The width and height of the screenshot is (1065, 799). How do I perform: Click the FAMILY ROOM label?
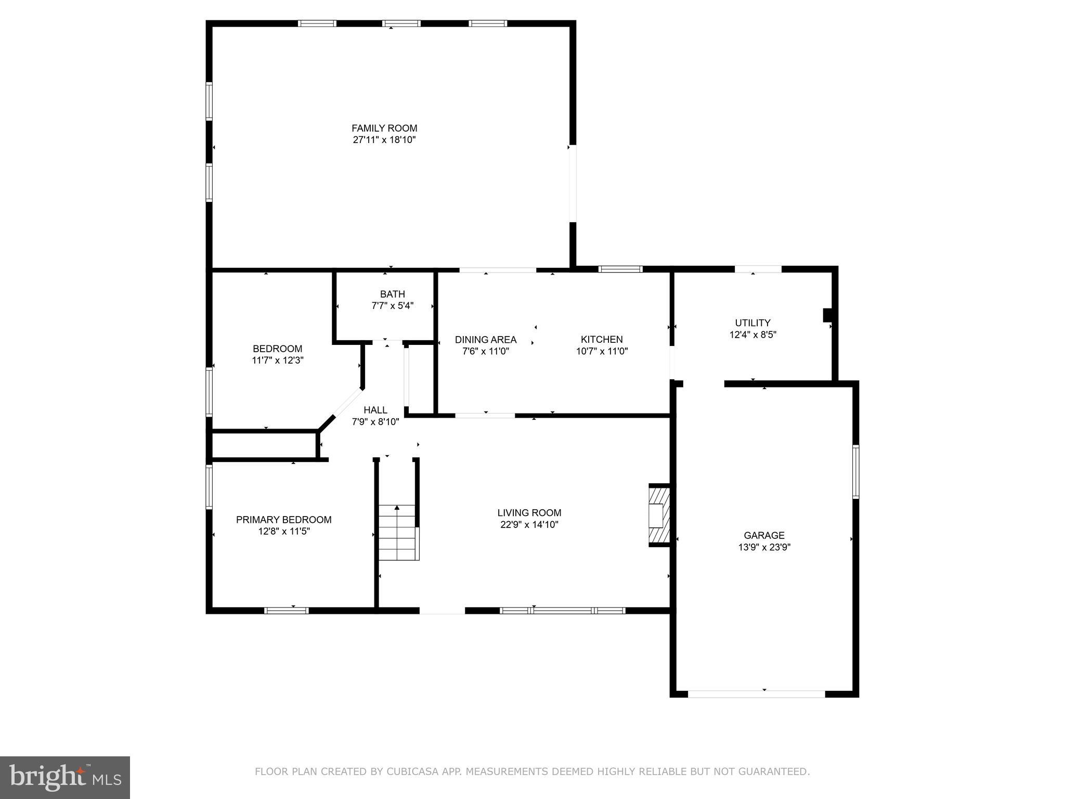pyautogui.click(x=384, y=128)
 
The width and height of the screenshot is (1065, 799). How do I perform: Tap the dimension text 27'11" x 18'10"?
pyautogui.click(x=384, y=140)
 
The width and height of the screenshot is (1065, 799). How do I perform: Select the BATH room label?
pyautogui.click(x=392, y=294)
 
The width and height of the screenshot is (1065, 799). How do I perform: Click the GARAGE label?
pyautogui.click(x=764, y=535)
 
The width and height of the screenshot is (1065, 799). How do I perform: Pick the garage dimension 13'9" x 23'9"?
pyautogui.click(x=764, y=547)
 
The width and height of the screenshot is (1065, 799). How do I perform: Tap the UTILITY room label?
pyautogui.click(x=752, y=323)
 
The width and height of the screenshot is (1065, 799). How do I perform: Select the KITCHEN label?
pyautogui.click(x=602, y=339)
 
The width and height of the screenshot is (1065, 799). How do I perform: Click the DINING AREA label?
pyautogui.click(x=486, y=339)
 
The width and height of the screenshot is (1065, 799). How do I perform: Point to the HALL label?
pyautogui.click(x=375, y=410)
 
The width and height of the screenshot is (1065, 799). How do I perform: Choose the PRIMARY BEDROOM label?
pyautogui.click(x=283, y=519)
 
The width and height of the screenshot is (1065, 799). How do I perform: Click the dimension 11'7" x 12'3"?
pyautogui.click(x=278, y=360)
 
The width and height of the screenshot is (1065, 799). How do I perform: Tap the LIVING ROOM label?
pyautogui.click(x=529, y=512)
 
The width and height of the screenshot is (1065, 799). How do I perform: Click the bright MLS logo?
pyautogui.click(x=65, y=777)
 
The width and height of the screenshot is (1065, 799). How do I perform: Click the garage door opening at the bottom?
pyautogui.click(x=757, y=693)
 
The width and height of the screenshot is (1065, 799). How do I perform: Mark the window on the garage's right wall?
pyautogui.click(x=855, y=471)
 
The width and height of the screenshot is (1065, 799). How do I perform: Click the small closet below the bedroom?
pyautogui.click(x=264, y=445)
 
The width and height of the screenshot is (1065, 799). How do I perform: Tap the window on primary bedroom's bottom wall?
pyautogui.click(x=286, y=610)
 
